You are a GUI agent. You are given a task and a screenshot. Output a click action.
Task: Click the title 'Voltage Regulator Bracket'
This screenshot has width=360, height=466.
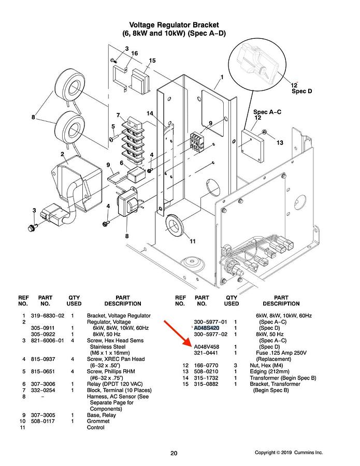coord(174,25)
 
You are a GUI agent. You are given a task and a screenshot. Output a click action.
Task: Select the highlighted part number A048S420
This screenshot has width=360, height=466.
coord(206,328)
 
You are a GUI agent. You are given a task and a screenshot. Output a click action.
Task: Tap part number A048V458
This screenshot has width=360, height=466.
coord(206,347)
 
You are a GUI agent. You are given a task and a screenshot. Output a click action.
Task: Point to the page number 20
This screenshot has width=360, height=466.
coord(174,454)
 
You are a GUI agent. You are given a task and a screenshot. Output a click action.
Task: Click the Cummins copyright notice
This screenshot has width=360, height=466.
coord(289,453)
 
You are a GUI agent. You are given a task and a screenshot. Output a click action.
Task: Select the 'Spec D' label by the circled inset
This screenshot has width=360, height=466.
coord(302,91)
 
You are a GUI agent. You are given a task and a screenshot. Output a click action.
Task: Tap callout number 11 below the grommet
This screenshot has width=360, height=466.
coord(193,241)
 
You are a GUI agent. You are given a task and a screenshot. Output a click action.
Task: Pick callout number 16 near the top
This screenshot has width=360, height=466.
coord(134,53)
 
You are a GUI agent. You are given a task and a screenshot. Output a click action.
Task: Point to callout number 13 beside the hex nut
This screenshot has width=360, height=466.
coord(280,142)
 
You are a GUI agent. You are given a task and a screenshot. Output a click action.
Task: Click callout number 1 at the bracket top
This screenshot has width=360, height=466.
coord(222,77)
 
